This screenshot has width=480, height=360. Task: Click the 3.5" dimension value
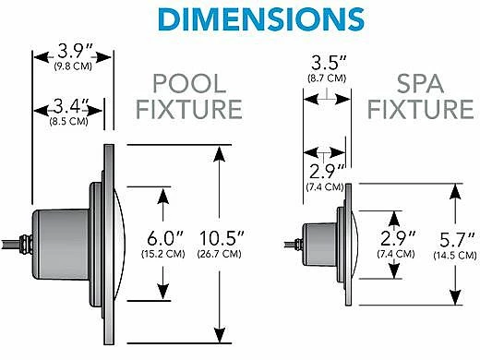tap(326, 66)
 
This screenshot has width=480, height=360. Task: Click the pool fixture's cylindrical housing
tap(54, 242)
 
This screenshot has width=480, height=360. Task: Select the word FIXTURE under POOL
tap(189, 111)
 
